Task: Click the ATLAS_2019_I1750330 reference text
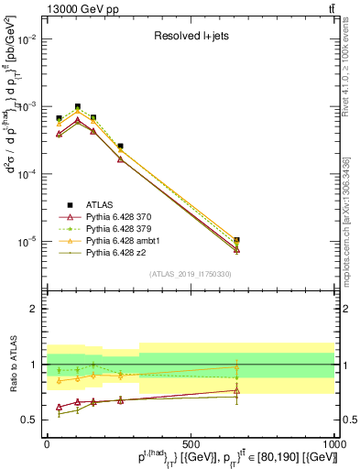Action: pyautogui.click(x=190, y=274)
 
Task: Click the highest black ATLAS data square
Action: pyautogui.click(x=78, y=106)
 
